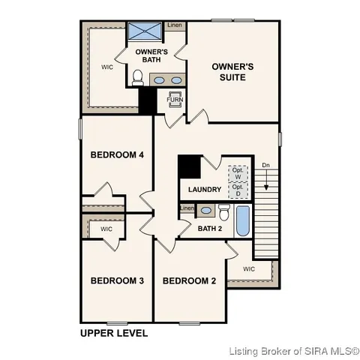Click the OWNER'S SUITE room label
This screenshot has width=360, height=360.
pos(232,71)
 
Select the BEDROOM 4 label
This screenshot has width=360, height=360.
pos(117,155)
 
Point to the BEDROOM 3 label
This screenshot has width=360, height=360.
pos(117,281)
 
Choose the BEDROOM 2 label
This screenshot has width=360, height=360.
pos(189,281)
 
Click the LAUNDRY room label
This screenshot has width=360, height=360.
pos(204,189)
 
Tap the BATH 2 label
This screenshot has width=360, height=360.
pos(210,228)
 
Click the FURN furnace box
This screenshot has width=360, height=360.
pos(175,99)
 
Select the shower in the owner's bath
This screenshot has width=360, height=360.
pos(145,31)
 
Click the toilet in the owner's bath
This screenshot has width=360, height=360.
pos(137,77)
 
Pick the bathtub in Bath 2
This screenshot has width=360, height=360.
pos(244,219)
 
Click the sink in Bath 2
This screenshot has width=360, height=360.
pos(205,210)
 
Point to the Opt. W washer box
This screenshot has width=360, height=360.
pos(238,172)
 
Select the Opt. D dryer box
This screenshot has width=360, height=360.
pos(238,190)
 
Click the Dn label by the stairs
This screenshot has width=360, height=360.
pos(265,165)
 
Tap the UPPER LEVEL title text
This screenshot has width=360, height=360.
pos(114,332)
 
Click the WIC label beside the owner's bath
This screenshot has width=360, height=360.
pos(107,66)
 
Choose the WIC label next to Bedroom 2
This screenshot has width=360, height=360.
pos(249,268)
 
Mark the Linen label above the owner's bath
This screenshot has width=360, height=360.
pos(175,25)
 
